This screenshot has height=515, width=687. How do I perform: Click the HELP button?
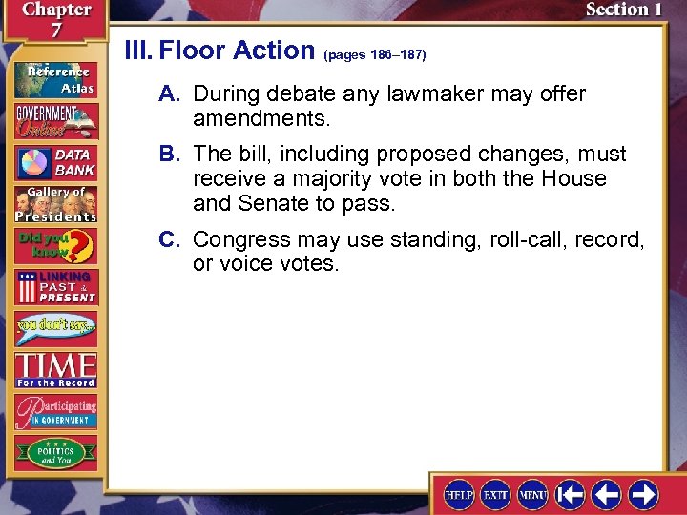[459, 494]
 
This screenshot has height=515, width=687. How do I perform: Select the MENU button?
[531, 494]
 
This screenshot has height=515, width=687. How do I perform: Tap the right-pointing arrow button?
[642, 494]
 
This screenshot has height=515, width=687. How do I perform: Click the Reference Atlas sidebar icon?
[54, 80]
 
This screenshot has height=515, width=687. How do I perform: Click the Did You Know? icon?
[54, 247]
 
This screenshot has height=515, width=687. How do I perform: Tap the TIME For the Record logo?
[54, 370]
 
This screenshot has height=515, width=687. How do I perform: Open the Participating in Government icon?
[54, 410]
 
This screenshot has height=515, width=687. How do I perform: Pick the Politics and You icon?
[54, 452]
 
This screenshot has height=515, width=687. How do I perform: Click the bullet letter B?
[171, 154]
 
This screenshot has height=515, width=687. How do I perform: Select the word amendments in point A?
[260, 120]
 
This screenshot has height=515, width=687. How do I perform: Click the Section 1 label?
[622, 10]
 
